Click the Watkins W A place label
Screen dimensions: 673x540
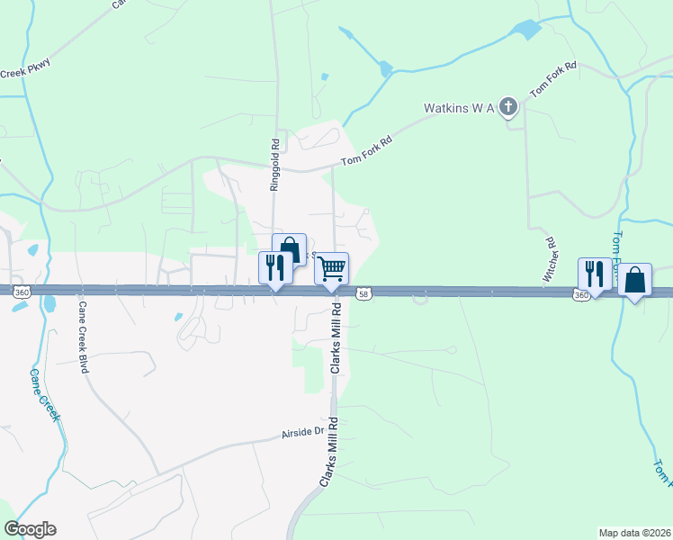tap(459, 109)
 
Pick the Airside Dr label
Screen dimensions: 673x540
tap(302, 436)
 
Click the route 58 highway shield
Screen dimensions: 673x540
tap(363, 294)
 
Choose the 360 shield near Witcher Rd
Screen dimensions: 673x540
tap(580, 294)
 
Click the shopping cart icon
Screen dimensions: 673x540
tap(332, 267)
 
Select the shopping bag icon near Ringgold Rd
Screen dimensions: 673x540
tap(290, 249)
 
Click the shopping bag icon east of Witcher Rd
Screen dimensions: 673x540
tap(635, 280)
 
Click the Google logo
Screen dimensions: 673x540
tap(30, 528)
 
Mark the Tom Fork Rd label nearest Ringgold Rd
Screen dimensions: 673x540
tap(368, 151)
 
